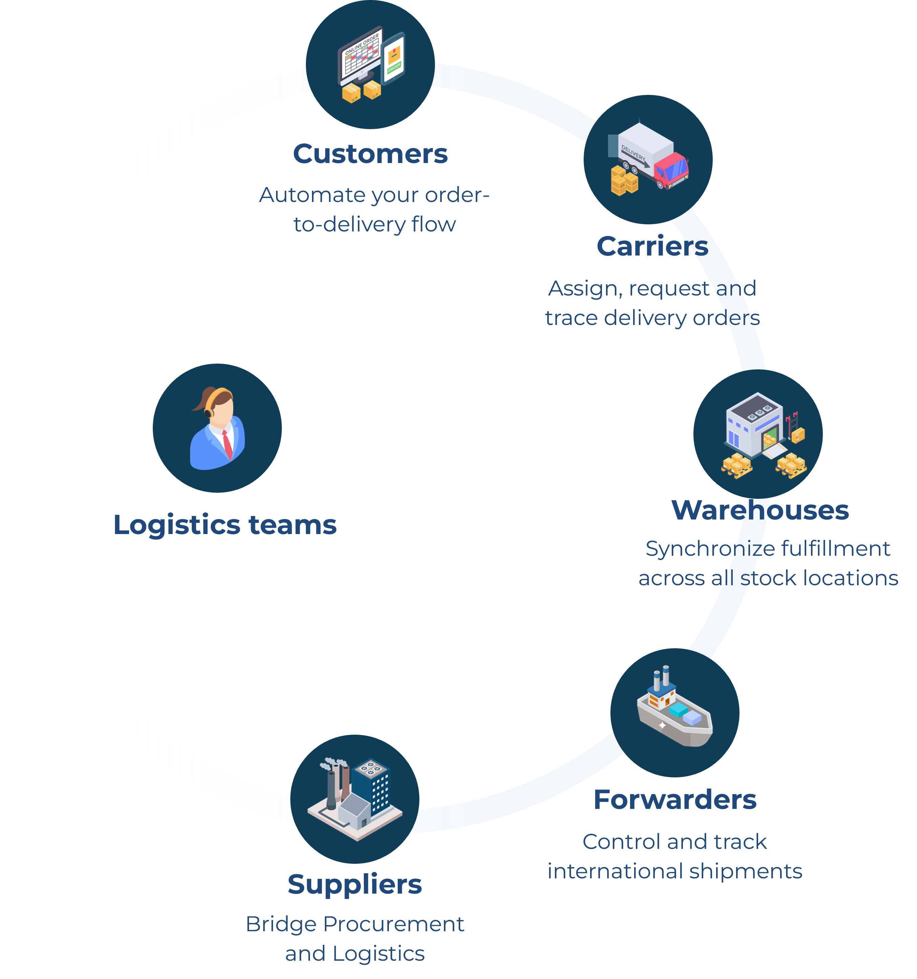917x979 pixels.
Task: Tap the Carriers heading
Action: (x=652, y=246)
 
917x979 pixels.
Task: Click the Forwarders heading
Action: (x=675, y=799)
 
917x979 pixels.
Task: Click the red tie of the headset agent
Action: (x=227, y=444)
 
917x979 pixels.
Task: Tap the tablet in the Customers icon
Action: (x=393, y=58)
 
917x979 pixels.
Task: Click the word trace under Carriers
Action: (x=571, y=318)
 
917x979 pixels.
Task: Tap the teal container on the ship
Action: (x=679, y=710)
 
